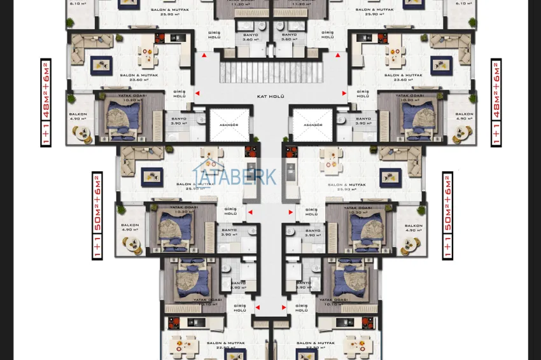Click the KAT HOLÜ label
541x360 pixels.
point(270,97)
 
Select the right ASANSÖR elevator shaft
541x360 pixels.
point(313,123)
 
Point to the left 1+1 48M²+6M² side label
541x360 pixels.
point(46,102)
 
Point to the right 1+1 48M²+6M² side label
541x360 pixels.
point(496,102)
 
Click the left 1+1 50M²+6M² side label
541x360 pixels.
point(97,215)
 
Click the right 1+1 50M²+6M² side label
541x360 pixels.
point(447,215)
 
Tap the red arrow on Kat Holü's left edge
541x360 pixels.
point(197,93)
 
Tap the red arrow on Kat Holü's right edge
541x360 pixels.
point(344,93)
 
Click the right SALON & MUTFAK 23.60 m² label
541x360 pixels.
point(400,78)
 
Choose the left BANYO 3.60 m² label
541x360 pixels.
point(251,37)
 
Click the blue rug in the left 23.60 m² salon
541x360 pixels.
point(101,64)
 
